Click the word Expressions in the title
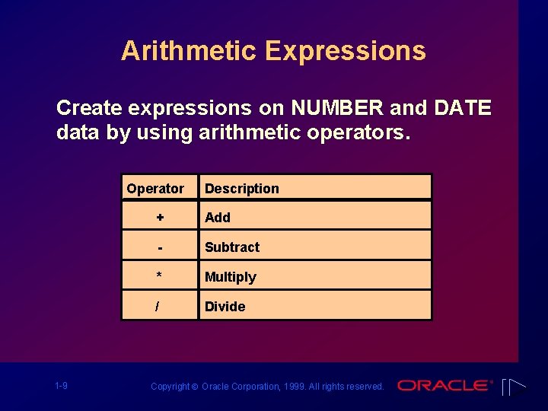tap(346, 51)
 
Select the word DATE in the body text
tap(462, 108)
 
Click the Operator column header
tap(155, 189)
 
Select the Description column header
tap(242, 189)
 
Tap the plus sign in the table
tap(160, 218)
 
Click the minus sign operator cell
tap(160, 247)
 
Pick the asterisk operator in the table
tap(160, 276)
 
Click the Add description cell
tap(218, 218)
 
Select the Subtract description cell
tap(232, 247)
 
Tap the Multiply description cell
tap(231, 277)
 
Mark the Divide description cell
tap(225, 307)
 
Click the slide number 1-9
tap(61, 386)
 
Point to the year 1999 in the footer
tap(296, 387)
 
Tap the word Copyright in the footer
tap(170, 387)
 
